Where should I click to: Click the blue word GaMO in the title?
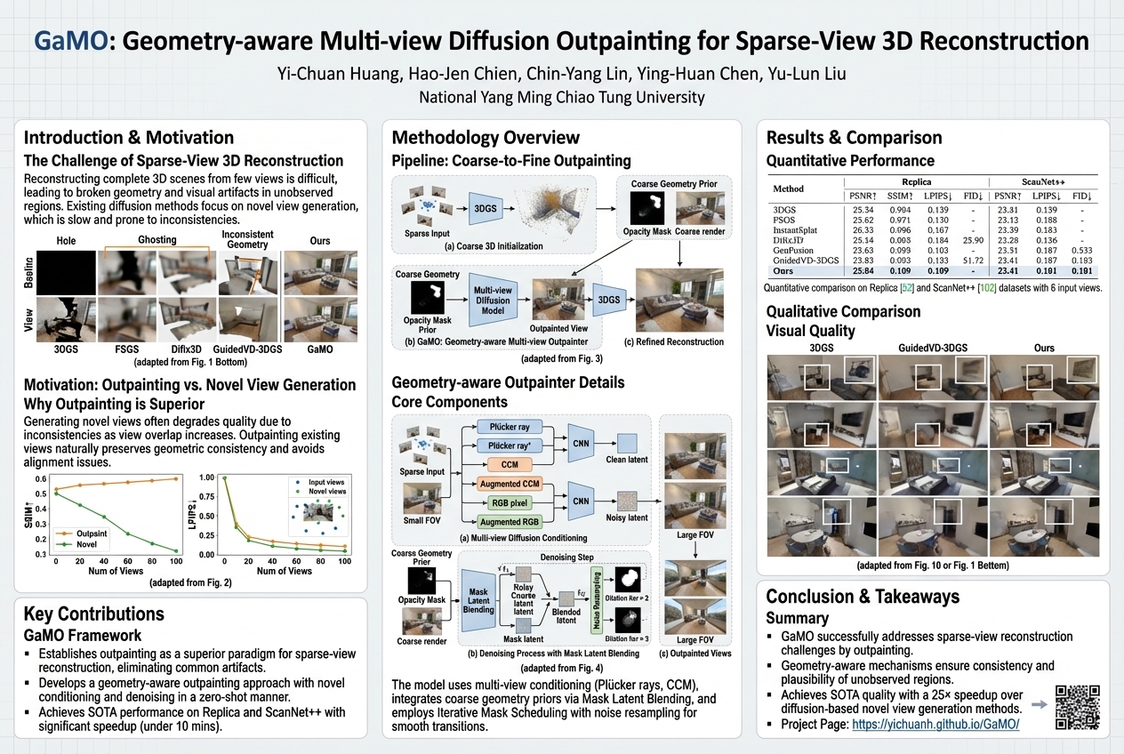[68, 42]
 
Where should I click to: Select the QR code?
[1075, 708]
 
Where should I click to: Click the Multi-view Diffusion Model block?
[493, 301]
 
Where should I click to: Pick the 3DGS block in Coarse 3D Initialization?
[486, 208]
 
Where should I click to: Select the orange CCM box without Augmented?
[510, 464]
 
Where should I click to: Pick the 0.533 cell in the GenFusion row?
[1080, 251]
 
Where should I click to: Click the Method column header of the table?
[788, 188]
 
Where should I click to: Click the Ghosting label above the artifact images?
[157, 240]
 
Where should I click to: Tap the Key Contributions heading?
[93, 614]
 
